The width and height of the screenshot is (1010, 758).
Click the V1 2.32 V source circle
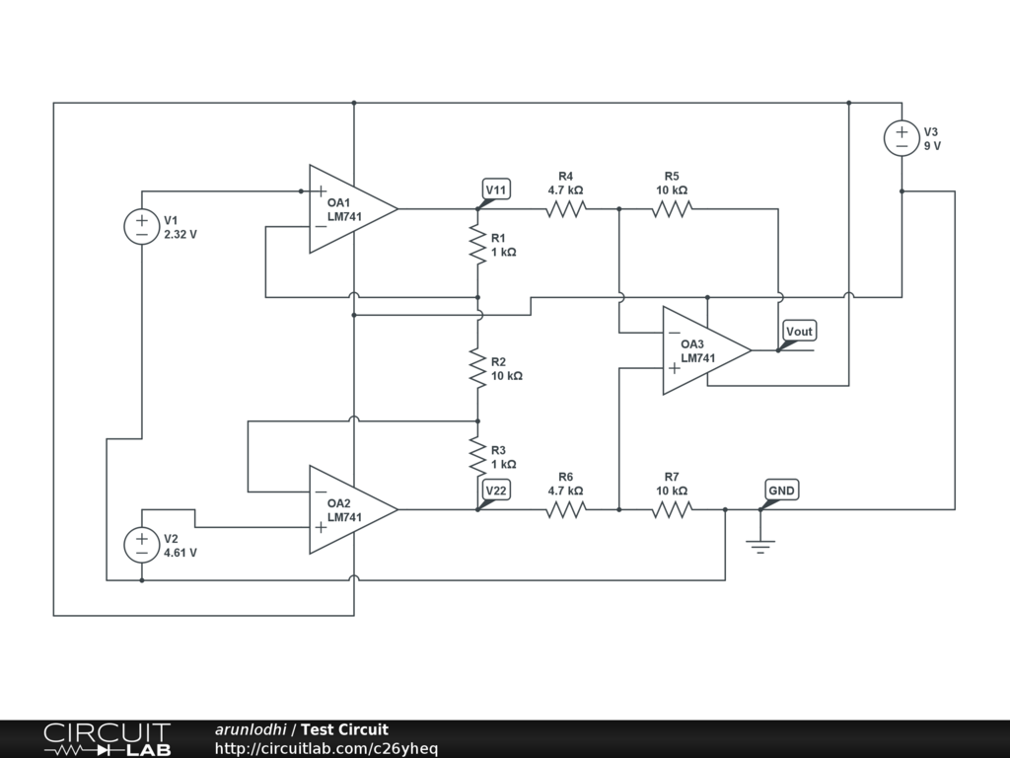coord(141,227)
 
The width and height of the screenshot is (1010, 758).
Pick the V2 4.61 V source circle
coord(141,545)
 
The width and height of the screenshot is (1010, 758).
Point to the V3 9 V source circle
coord(901,138)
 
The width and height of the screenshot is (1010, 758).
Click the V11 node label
coord(496,189)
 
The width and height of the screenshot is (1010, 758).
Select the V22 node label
coord(496,491)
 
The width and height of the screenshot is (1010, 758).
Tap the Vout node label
coord(799,332)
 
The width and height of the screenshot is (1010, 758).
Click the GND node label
coord(782,491)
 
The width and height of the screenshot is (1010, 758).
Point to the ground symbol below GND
coord(759,544)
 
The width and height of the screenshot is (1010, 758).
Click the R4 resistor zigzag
coord(566,208)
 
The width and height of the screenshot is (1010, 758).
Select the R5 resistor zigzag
coord(672,208)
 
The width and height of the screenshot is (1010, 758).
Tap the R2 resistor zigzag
coord(477,368)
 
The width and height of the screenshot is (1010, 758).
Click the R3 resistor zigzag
coord(477,456)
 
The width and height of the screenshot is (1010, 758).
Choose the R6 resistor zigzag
coord(566,509)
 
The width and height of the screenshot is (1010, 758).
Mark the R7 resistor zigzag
coord(672,509)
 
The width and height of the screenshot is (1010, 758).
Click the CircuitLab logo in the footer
coord(107,739)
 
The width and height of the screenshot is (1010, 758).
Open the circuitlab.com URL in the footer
coord(326,749)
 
